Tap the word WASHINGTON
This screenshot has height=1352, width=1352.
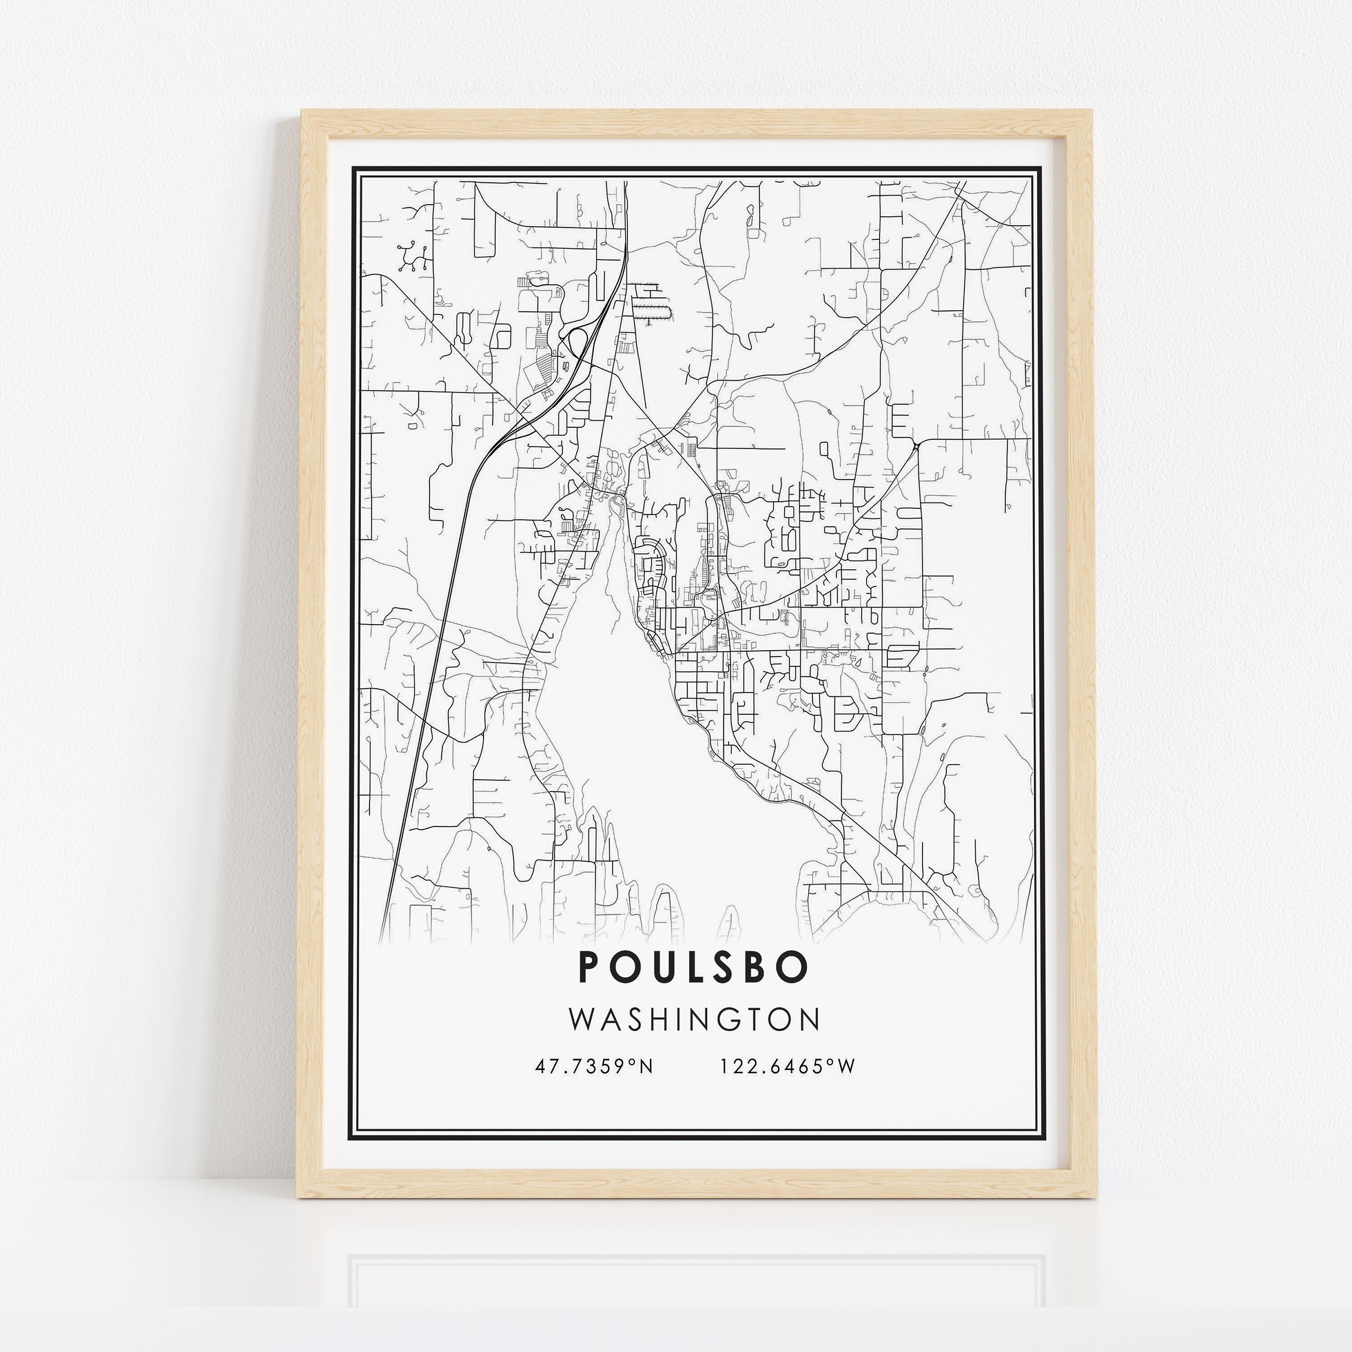[x=694, y=1019]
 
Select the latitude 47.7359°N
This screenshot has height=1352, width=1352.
[x=594, y=1066]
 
